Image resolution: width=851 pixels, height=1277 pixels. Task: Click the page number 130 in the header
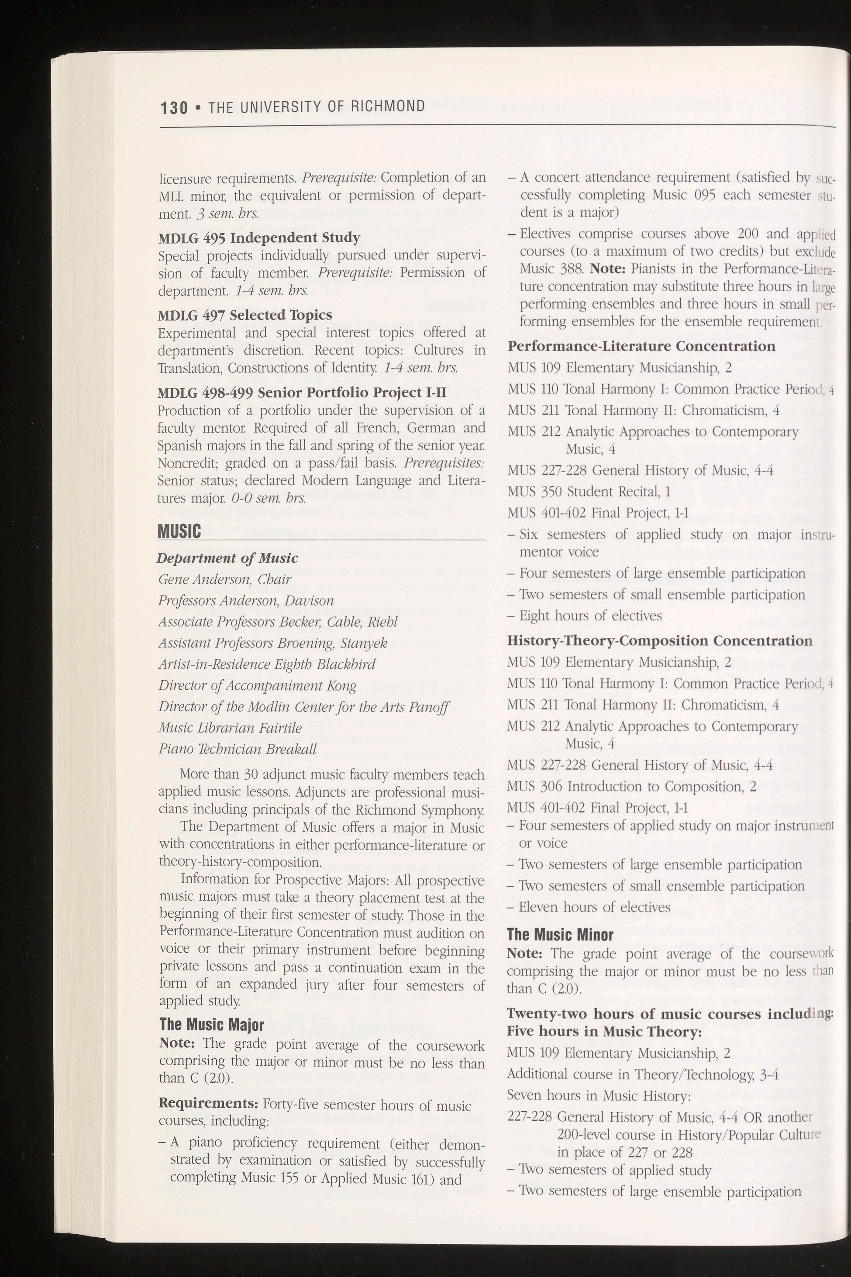point(174,107)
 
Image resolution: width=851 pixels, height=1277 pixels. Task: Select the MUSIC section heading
point(179,531)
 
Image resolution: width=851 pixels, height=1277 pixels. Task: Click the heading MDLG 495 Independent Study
point(259,238)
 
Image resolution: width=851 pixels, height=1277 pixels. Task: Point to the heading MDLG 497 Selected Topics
point(245,315)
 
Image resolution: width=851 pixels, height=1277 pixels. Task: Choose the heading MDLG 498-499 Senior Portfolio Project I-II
point(302,392)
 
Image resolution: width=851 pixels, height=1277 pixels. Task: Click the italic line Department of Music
point(227,558)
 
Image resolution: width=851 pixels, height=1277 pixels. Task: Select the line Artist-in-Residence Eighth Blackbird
point(266,664)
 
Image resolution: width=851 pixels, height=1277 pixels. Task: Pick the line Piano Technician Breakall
point(237,749)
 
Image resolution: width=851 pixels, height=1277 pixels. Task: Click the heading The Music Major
point(211,1025)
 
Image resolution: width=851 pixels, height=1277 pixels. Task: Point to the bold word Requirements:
point(208,1088)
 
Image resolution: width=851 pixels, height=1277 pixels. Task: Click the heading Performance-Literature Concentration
point(641,346)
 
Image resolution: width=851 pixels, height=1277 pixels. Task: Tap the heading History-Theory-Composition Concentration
point(659,640)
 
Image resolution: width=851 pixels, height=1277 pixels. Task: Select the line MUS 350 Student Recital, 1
point(589,491)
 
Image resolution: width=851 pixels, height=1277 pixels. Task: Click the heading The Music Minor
point(560,935)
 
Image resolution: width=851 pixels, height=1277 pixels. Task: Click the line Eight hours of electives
point(590,616)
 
